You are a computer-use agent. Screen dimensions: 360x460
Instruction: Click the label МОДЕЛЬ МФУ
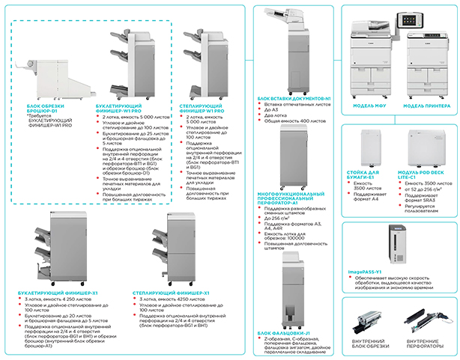point(369,105)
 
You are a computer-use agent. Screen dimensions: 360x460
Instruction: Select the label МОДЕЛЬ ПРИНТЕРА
point(425,105)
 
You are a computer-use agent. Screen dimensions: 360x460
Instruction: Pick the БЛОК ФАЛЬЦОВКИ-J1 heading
point(283,331)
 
